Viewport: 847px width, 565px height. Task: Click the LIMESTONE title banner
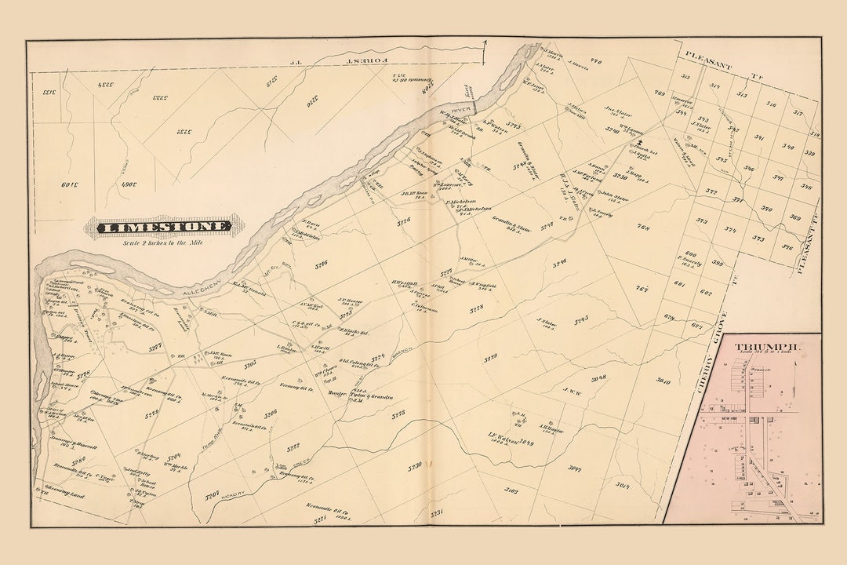(165, 228)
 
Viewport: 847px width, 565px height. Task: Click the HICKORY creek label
(232, 494)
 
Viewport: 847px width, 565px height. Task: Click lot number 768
(643, 228)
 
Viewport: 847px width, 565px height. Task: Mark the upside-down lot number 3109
(71, 186)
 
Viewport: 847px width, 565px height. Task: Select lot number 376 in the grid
(787, 248)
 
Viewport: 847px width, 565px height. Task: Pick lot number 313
(685, 76)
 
